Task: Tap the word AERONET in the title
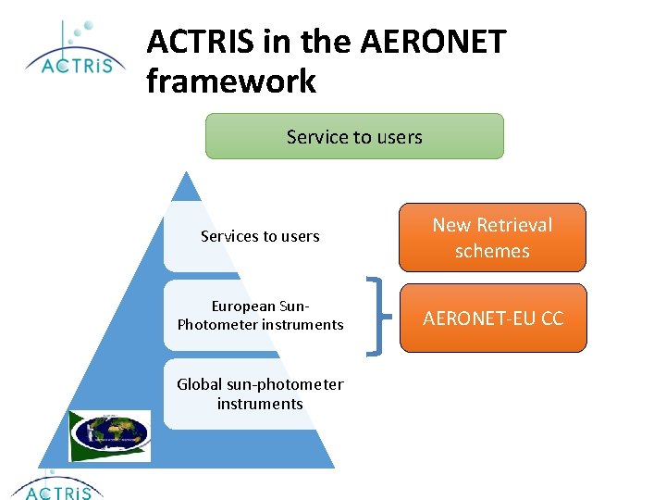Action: click(434, 41)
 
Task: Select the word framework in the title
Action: click(231, 81)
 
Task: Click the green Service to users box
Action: click(354, 137)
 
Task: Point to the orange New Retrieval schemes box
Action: click(492, 238)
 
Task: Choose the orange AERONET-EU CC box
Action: click(492, 319)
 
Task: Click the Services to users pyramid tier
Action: click(260, 236)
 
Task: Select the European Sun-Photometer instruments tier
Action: click(260, 315)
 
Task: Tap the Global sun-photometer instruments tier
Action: click(260, 394)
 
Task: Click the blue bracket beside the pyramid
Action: click(376, 315)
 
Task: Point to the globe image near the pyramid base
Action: click(111, 434)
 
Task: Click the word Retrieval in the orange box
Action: click(514, 225)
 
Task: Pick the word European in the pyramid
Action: click(243, 306)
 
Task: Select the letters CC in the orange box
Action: click(551, 319)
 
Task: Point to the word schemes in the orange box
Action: click(492, 251)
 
